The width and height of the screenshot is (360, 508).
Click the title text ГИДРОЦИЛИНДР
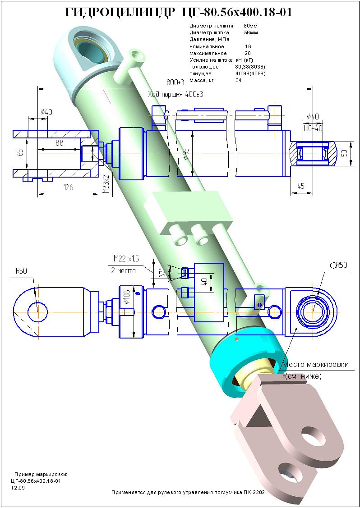(x=119, y=14)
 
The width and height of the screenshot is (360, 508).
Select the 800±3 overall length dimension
(x=175, y=82)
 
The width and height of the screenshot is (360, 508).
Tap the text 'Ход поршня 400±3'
(x=175, y=95)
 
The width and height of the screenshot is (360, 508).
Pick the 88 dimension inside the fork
(x=59, y=142)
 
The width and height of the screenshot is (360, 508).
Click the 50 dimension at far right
(x=345, y=153)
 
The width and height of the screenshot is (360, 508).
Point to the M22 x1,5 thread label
(x=126, y=258)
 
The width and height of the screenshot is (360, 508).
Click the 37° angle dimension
(x=162, y=273)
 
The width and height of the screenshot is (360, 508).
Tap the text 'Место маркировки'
(x=315, y=364)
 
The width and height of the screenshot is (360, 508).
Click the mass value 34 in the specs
(x=239, y=80)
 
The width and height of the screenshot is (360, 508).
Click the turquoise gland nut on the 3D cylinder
(x=244, y=356)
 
